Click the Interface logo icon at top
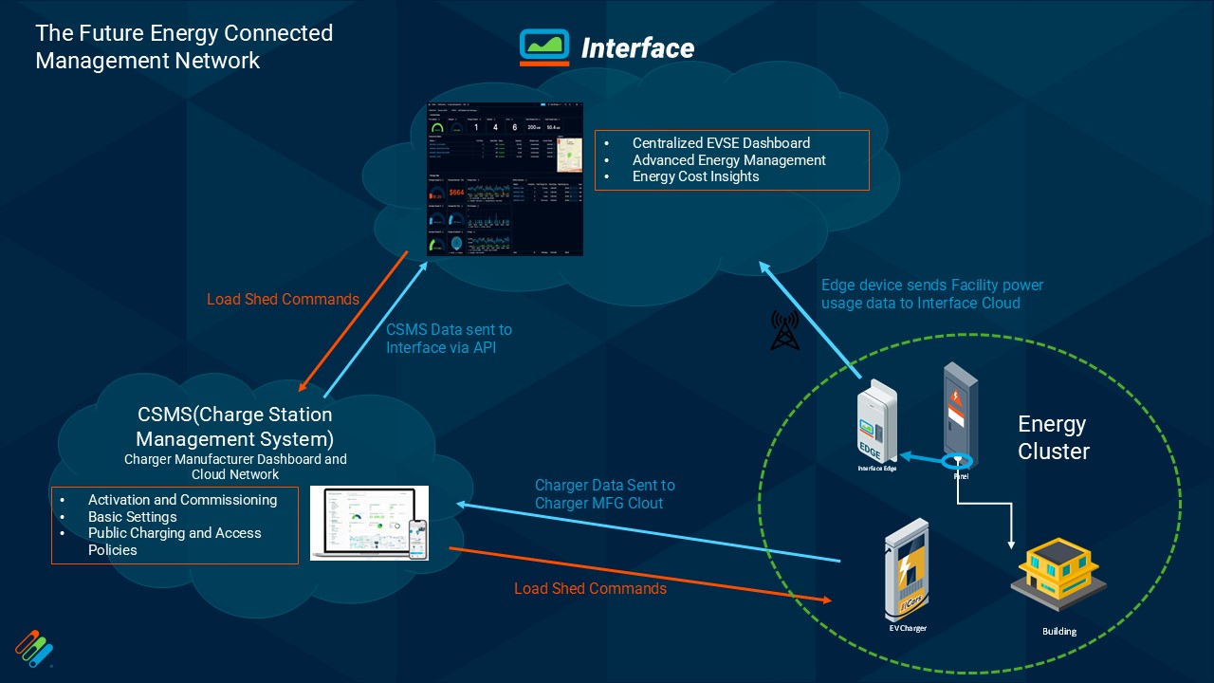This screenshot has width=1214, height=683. tap(543, 46)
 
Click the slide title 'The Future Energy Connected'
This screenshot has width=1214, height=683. tap(184, 33)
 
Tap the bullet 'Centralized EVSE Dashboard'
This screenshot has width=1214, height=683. tap(721, 143)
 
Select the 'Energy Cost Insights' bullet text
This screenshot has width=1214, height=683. tap(695, 176)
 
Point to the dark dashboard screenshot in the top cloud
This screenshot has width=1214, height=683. tap(505, 179)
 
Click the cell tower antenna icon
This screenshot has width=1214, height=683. tap(784, 329)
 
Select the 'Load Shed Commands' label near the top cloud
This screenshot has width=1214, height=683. tap(283, 300)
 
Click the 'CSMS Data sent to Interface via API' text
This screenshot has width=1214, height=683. tap(449, 339)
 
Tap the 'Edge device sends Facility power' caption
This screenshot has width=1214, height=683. tap(931, 286)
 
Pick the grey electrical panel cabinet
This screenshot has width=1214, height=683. tap(960, 414)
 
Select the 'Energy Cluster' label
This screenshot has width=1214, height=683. tap(1053, 437)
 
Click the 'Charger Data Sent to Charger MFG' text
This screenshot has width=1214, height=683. tap(605, 494)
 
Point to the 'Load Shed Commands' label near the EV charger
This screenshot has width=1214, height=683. tap(590, 589)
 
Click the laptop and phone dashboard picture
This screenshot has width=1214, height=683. tap(369, 523)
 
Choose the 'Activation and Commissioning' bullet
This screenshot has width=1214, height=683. tap(182, 500)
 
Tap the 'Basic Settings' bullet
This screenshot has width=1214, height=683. tap(132, 517)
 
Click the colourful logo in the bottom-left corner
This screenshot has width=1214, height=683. tap(34, 648)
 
